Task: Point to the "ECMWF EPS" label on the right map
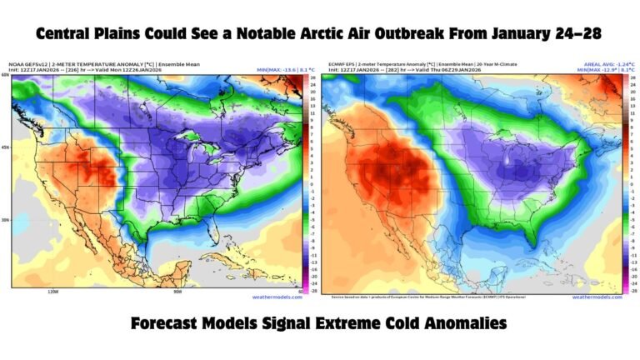tap(342, 64)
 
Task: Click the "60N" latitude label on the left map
tap(5, 76)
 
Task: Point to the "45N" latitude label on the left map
tap(5, 147)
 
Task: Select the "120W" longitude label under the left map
tap(52, 292)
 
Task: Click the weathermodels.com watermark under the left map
tap(275, 297)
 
